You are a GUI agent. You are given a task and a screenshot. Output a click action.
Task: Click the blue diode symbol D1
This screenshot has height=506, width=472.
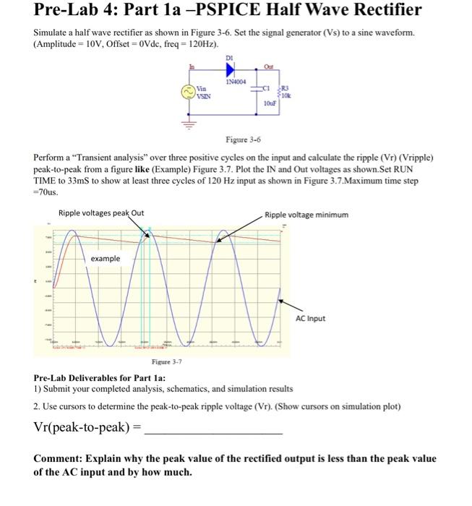pos(231,70)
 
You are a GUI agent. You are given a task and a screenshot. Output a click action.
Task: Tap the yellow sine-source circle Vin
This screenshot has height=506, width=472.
pos(187,92)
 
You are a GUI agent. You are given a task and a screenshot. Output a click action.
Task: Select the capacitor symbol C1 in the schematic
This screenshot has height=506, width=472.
pos(254,90)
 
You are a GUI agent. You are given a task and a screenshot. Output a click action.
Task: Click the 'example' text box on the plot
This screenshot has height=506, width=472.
pos(105,258)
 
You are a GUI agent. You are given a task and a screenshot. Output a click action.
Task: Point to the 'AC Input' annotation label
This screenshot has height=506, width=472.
pos(311,318)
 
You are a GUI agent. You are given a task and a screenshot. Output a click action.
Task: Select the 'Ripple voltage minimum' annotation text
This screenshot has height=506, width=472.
pos(306,215)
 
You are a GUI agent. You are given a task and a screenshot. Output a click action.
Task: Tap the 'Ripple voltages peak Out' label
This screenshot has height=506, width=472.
pos(101,213)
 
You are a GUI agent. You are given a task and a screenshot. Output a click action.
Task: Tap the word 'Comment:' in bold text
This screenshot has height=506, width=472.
pos(59,458)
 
